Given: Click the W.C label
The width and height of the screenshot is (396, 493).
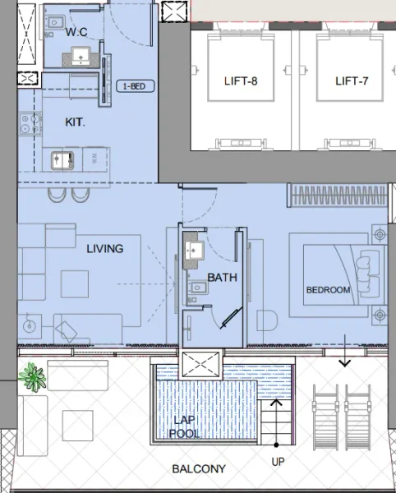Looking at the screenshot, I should click(78, 32).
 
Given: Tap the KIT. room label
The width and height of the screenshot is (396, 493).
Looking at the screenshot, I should click(75, 122).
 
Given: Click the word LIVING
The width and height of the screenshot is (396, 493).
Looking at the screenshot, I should click(104, 248).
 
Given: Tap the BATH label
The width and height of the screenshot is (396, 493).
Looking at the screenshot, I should click(222, 278).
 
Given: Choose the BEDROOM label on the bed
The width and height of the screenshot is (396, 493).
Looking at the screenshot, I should click(328, 290).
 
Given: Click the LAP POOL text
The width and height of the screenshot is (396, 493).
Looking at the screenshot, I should click(185, 426).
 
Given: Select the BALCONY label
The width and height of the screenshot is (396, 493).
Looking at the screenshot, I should click(198, 469).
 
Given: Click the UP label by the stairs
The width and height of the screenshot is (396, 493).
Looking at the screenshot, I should click(278, 462).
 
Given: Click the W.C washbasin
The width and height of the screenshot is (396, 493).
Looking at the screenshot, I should click(81, 56).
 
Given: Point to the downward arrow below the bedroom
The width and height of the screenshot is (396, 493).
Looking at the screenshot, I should click(344, 359).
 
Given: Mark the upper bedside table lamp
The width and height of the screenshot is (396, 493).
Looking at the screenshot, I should click(379, 235).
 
